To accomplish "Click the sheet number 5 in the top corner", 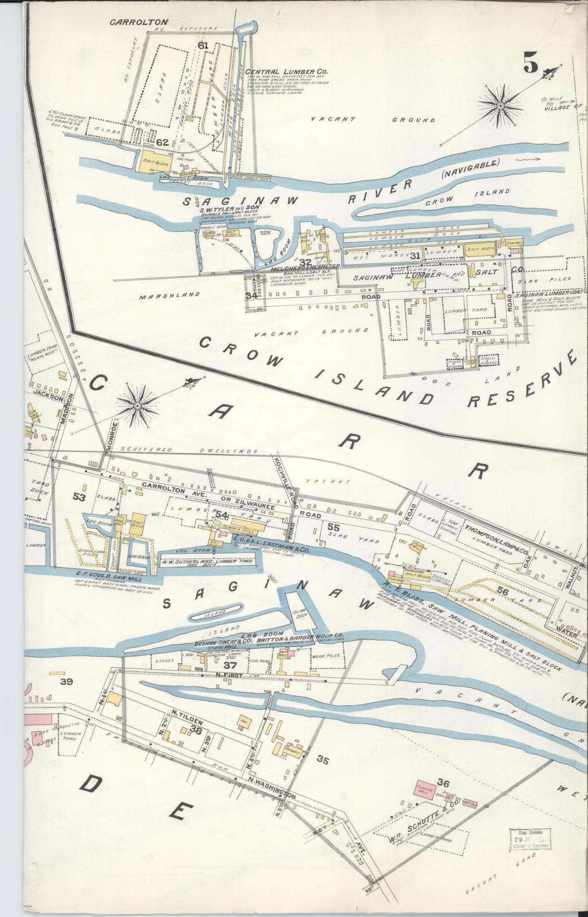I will [531, 62].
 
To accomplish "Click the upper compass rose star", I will [501, 106].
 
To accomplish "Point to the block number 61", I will [202, 45].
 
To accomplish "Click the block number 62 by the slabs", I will [162, 142].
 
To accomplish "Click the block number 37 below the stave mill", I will [230, 665].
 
